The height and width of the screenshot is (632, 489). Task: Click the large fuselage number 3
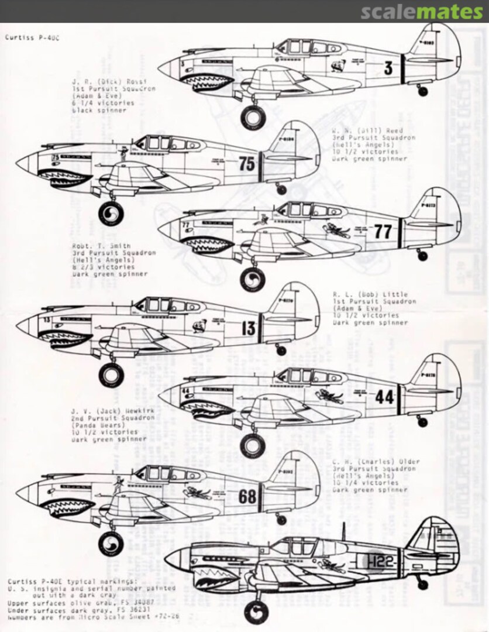pyautogui.click(x=387, y=68)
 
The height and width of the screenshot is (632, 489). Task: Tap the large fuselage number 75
pyautogui.click(x=247, y=164)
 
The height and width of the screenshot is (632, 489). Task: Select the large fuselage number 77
pyautogui.click(x=382, y=232)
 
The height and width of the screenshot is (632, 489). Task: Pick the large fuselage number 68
pyautogui.click(x=247, y=497)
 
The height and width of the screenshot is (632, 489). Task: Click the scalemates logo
pyautogui.click(x=421, y=12)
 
